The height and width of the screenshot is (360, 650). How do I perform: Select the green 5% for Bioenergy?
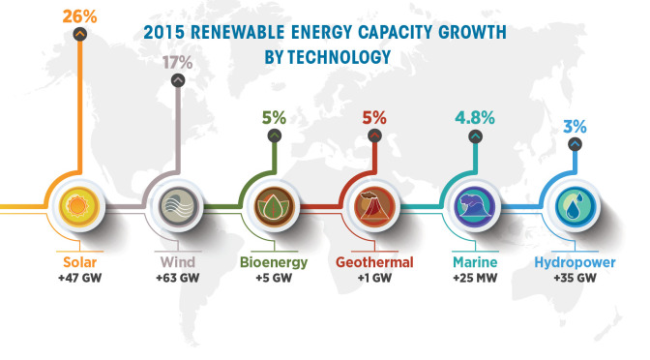pos(274,118)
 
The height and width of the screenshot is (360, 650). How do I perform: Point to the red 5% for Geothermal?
pos(373,118)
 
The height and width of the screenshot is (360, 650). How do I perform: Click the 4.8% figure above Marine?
pos(474,118)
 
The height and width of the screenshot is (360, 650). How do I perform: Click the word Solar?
pos(78,262)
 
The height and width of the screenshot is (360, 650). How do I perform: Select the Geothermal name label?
pos(373,262)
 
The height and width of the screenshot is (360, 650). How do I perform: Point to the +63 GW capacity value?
pos(177,278)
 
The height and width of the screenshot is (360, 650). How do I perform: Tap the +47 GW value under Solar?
pos(78,278)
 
